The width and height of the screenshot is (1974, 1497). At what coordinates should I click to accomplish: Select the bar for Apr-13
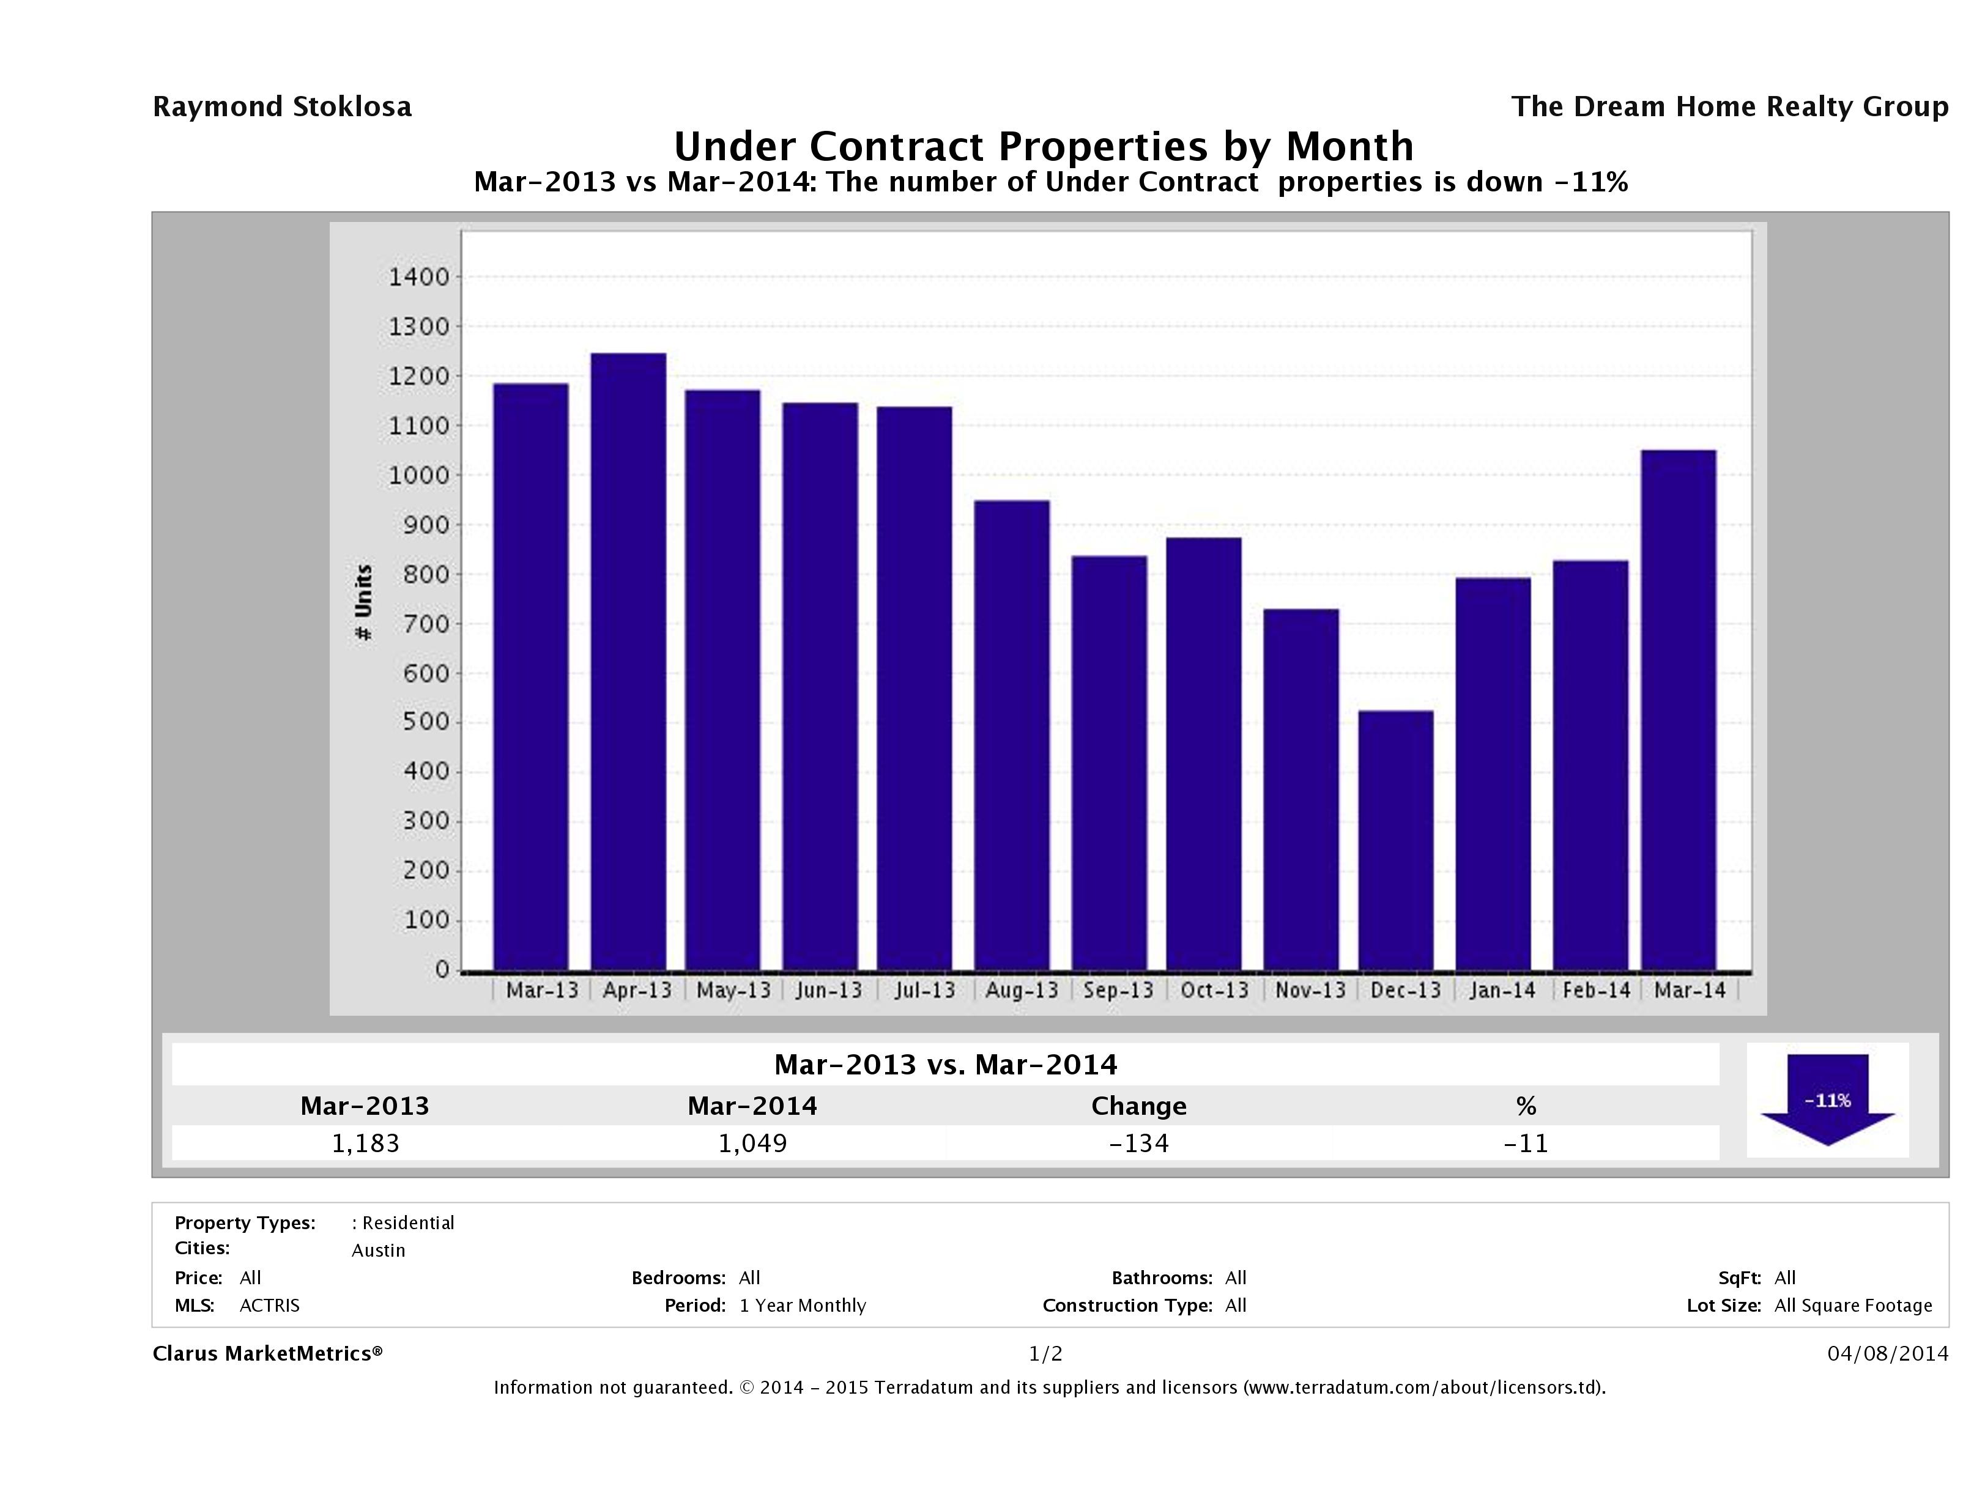[628, 661]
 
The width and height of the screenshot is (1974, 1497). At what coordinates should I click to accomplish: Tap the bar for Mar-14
[1678, 709]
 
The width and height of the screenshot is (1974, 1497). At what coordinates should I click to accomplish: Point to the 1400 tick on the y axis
[418, 278]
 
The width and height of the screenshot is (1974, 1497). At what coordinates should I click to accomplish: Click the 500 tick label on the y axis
[426, 722]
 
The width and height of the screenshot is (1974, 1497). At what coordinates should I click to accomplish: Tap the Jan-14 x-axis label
[1501, 990]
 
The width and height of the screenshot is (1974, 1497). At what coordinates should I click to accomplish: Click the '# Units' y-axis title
[363, 602]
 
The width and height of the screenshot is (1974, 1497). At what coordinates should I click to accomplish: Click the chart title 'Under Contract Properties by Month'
[1042, 146]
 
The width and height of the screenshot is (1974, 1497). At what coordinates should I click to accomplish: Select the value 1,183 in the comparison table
[365, 1143]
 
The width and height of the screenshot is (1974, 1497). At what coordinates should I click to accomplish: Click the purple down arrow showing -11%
[1827, 1099]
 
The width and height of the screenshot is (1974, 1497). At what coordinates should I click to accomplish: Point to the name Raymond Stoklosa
[282, 107]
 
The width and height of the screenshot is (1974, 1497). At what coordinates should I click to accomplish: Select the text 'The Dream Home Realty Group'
[1729, 107]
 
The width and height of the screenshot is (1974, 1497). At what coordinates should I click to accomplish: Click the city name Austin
[379, 1251]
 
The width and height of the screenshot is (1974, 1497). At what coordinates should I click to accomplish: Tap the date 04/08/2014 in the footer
[1887, 1353]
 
